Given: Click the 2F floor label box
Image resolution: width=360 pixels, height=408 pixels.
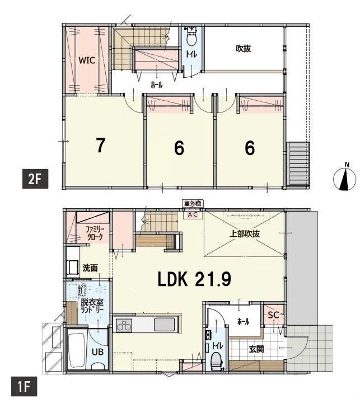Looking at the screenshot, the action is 35,179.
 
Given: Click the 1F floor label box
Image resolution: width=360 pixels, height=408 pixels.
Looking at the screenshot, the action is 24,387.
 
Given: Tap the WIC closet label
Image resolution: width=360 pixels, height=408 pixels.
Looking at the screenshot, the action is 87,60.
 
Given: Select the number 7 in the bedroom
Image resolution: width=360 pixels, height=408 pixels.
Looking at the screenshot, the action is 100,146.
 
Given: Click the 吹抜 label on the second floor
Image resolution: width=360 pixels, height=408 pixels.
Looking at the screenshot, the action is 244,48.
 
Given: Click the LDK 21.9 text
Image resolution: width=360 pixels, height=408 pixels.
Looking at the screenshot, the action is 194,279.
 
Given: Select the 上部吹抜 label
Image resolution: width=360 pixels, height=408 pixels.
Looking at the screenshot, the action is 245,234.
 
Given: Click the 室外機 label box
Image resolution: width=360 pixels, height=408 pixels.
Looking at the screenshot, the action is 193,204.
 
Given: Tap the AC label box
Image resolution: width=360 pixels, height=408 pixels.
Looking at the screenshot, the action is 193,215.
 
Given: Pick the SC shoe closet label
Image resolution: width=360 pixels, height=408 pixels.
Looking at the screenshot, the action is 273,315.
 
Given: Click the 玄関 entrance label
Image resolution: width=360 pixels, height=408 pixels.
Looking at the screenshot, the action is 256,349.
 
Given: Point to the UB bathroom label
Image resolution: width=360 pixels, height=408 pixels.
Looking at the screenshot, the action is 97,352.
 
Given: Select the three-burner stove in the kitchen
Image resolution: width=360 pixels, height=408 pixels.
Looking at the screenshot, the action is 124,325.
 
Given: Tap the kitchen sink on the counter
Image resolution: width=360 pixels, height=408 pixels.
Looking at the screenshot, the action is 165,325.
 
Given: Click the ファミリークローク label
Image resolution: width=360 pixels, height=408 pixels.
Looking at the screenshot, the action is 95,233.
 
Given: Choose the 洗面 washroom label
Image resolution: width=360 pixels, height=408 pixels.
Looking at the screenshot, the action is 90,268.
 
